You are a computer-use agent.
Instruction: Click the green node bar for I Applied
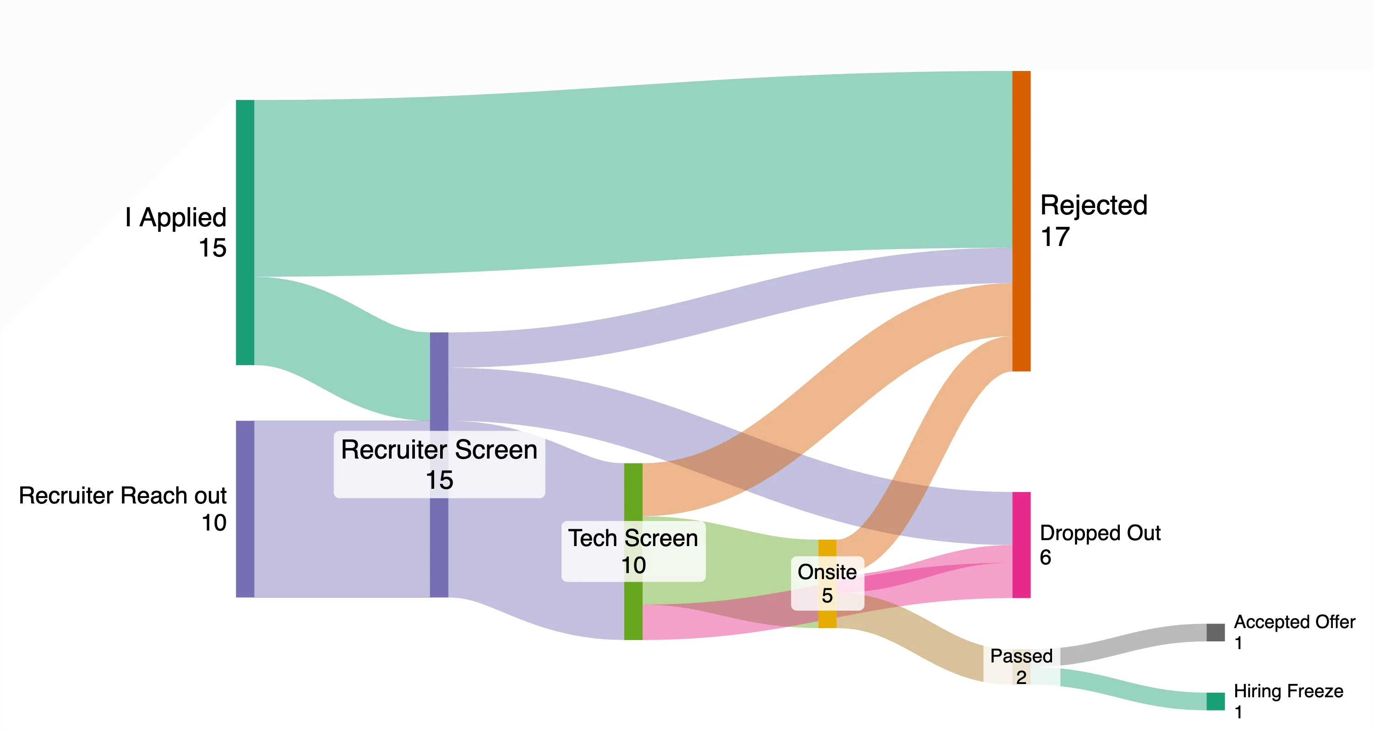pyautogui.click(x=245, y=232)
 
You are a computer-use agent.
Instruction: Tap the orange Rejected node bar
pyautogui.click(x=1021, y=221)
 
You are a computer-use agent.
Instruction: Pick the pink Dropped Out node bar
pyautogui.click(x=1021, y=545)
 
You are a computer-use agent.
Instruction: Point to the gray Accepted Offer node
pyautogui.click(x=1215, y=632)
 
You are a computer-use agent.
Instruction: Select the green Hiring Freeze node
pyautogui.click(x=1215, y=701)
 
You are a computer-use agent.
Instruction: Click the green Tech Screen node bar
pyautogui.click(x=633, y=491)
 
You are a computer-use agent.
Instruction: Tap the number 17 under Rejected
pyautogui.click(x=1055, y=237)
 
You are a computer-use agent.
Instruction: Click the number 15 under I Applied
pyautogui.click(x=213, y=248)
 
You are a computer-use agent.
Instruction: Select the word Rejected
pyautogui.click(x=1093, y=205)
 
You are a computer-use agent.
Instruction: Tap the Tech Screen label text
pyautogui.click(x=633, y=538)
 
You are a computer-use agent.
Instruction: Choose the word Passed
pyautogui.click(x=1021, y=656)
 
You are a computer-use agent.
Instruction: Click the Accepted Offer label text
pyautogui.click(x=1294, y=622)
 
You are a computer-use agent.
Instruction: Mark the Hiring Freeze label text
pyautogui.click(x=1288, y=691)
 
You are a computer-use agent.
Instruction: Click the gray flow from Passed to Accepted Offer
pyautogui.click(x=1131, y=645)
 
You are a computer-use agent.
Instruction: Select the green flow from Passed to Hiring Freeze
pyautogui.click(x=1131, y=689)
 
